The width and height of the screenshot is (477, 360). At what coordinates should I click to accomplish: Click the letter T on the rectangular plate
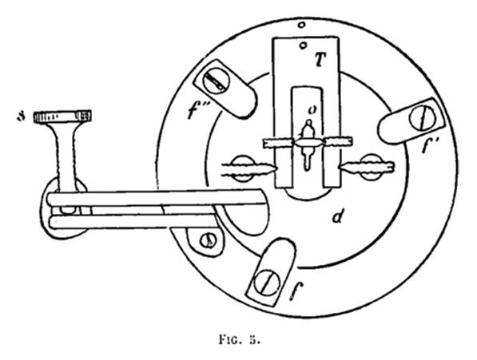click(x=320, y=61)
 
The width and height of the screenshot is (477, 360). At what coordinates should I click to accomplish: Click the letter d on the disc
click(x=338, y=216)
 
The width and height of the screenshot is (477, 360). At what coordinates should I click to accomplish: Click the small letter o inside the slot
click(x=312, y=111)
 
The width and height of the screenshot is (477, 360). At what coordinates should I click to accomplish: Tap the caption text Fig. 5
click(x=240, y=339)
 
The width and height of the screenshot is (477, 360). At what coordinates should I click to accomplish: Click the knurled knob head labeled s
click(x=62, y=117)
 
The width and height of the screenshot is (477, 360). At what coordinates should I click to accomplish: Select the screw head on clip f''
click(x=217, y=81)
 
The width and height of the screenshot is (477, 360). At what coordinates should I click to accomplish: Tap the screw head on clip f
click(x=267, y=283)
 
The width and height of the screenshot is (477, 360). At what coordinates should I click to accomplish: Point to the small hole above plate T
click(x=301, y=25)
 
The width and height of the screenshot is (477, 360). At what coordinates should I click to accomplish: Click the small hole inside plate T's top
click(x=303, y=45)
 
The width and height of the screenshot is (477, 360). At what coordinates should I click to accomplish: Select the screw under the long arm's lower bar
click(x=209, y=241)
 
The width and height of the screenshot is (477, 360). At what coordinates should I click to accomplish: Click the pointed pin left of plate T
click(x=250, y=169)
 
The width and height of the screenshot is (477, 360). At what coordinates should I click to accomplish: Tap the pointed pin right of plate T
click(x=367, y=168)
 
